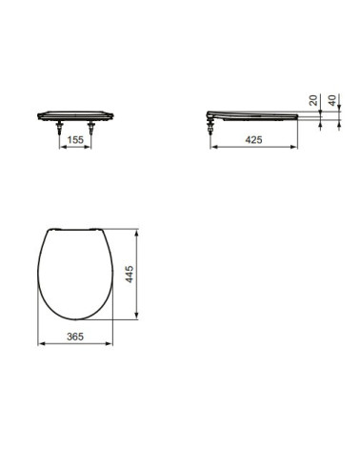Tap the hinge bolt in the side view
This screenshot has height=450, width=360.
tap(210, 122)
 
